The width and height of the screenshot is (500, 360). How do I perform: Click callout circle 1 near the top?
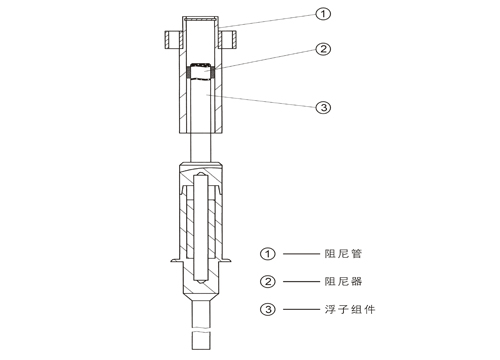click(323, 14)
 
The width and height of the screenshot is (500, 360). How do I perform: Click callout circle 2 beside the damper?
click(323, 49)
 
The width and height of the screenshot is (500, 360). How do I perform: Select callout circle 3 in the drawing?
click(323, 107)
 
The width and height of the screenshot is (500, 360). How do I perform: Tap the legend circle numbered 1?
click(268, 254)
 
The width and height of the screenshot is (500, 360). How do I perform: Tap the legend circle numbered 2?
click(268, 282)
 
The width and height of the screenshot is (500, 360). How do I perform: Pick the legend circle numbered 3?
click(268, 309)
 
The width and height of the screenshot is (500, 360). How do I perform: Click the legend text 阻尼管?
click(343, 254)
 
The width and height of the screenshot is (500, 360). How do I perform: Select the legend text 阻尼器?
click(343, 282)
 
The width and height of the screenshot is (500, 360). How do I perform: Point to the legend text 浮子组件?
click(350, 309)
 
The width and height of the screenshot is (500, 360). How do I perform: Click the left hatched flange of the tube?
click(173, 40)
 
